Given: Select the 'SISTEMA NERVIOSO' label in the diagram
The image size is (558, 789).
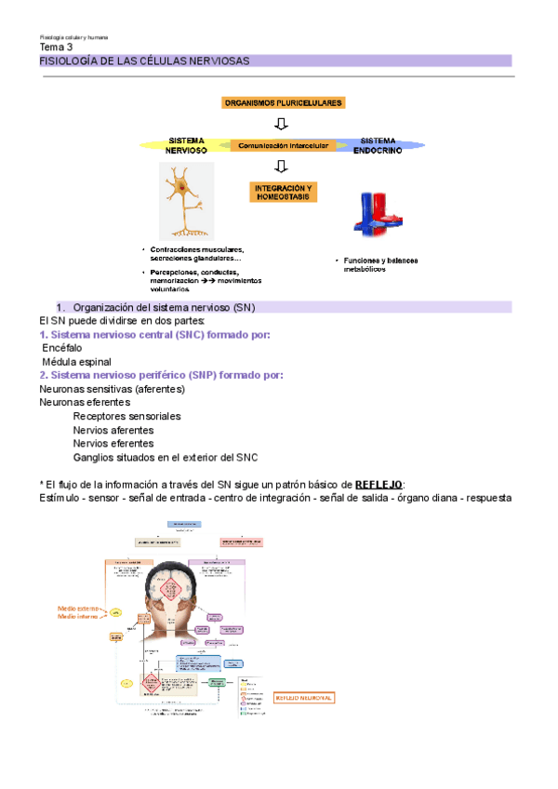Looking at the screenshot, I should (186, 144).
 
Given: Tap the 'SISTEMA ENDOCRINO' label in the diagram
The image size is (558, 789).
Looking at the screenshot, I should (379, 144).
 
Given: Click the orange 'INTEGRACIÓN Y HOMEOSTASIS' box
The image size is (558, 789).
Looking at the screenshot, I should (284, 192).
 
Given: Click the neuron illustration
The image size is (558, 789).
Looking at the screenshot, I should (186, 201).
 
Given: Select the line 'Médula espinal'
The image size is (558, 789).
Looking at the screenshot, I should (77, 361).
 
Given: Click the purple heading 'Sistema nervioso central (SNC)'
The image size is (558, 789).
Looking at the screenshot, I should (154, 335).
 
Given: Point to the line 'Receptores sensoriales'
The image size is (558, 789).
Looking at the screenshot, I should (126, 416).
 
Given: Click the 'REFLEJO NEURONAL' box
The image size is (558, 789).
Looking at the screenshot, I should (303, 697).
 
